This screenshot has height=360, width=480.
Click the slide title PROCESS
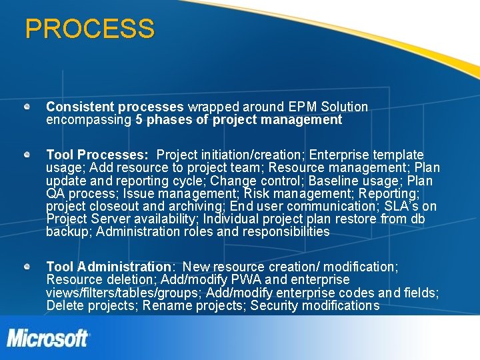pyautogui.click(x=89, y=29)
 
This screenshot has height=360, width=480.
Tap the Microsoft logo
pyautogui.click(x=48, y=338)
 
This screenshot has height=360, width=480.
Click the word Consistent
pyautogui.click(x=80, y=107)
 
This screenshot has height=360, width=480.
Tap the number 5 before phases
pyautogui.click(x=139, y=120)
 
